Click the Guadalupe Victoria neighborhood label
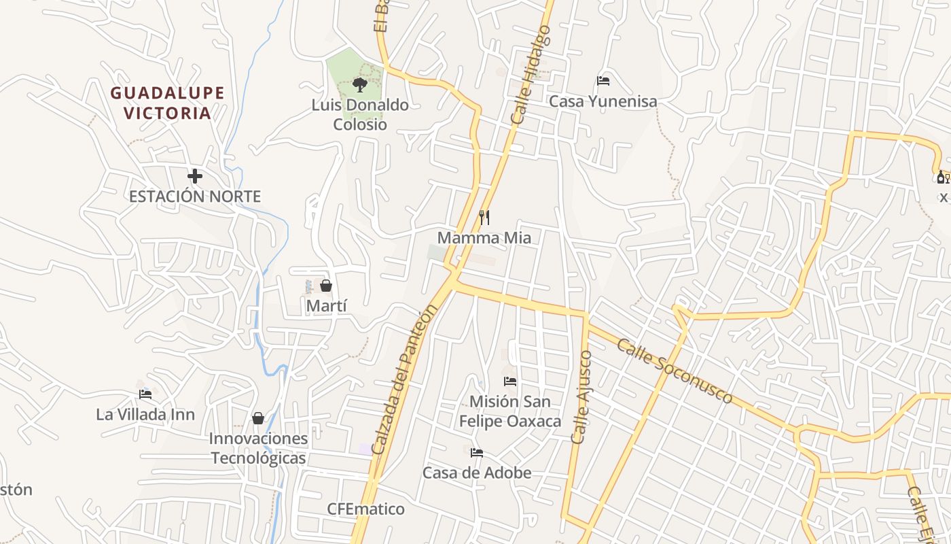click(167, 103)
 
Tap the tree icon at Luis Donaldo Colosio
click(360, 85)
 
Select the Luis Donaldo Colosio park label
click(360, 114)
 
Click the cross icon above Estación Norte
click(195, 177)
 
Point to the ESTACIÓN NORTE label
click(195, 197)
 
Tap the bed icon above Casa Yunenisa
click(603, 81)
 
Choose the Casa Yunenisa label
click(603, 101)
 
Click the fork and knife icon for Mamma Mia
click(484, 218)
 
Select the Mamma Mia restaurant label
click(484, 238)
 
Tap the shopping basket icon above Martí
click(326, 286)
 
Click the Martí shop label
click(326, 305)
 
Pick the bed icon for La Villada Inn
click(145, 394)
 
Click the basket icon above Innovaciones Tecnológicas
click(258, 418)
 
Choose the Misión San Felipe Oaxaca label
click(510, 411)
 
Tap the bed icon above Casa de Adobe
click(477, 452)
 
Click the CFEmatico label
click(365, 509)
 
